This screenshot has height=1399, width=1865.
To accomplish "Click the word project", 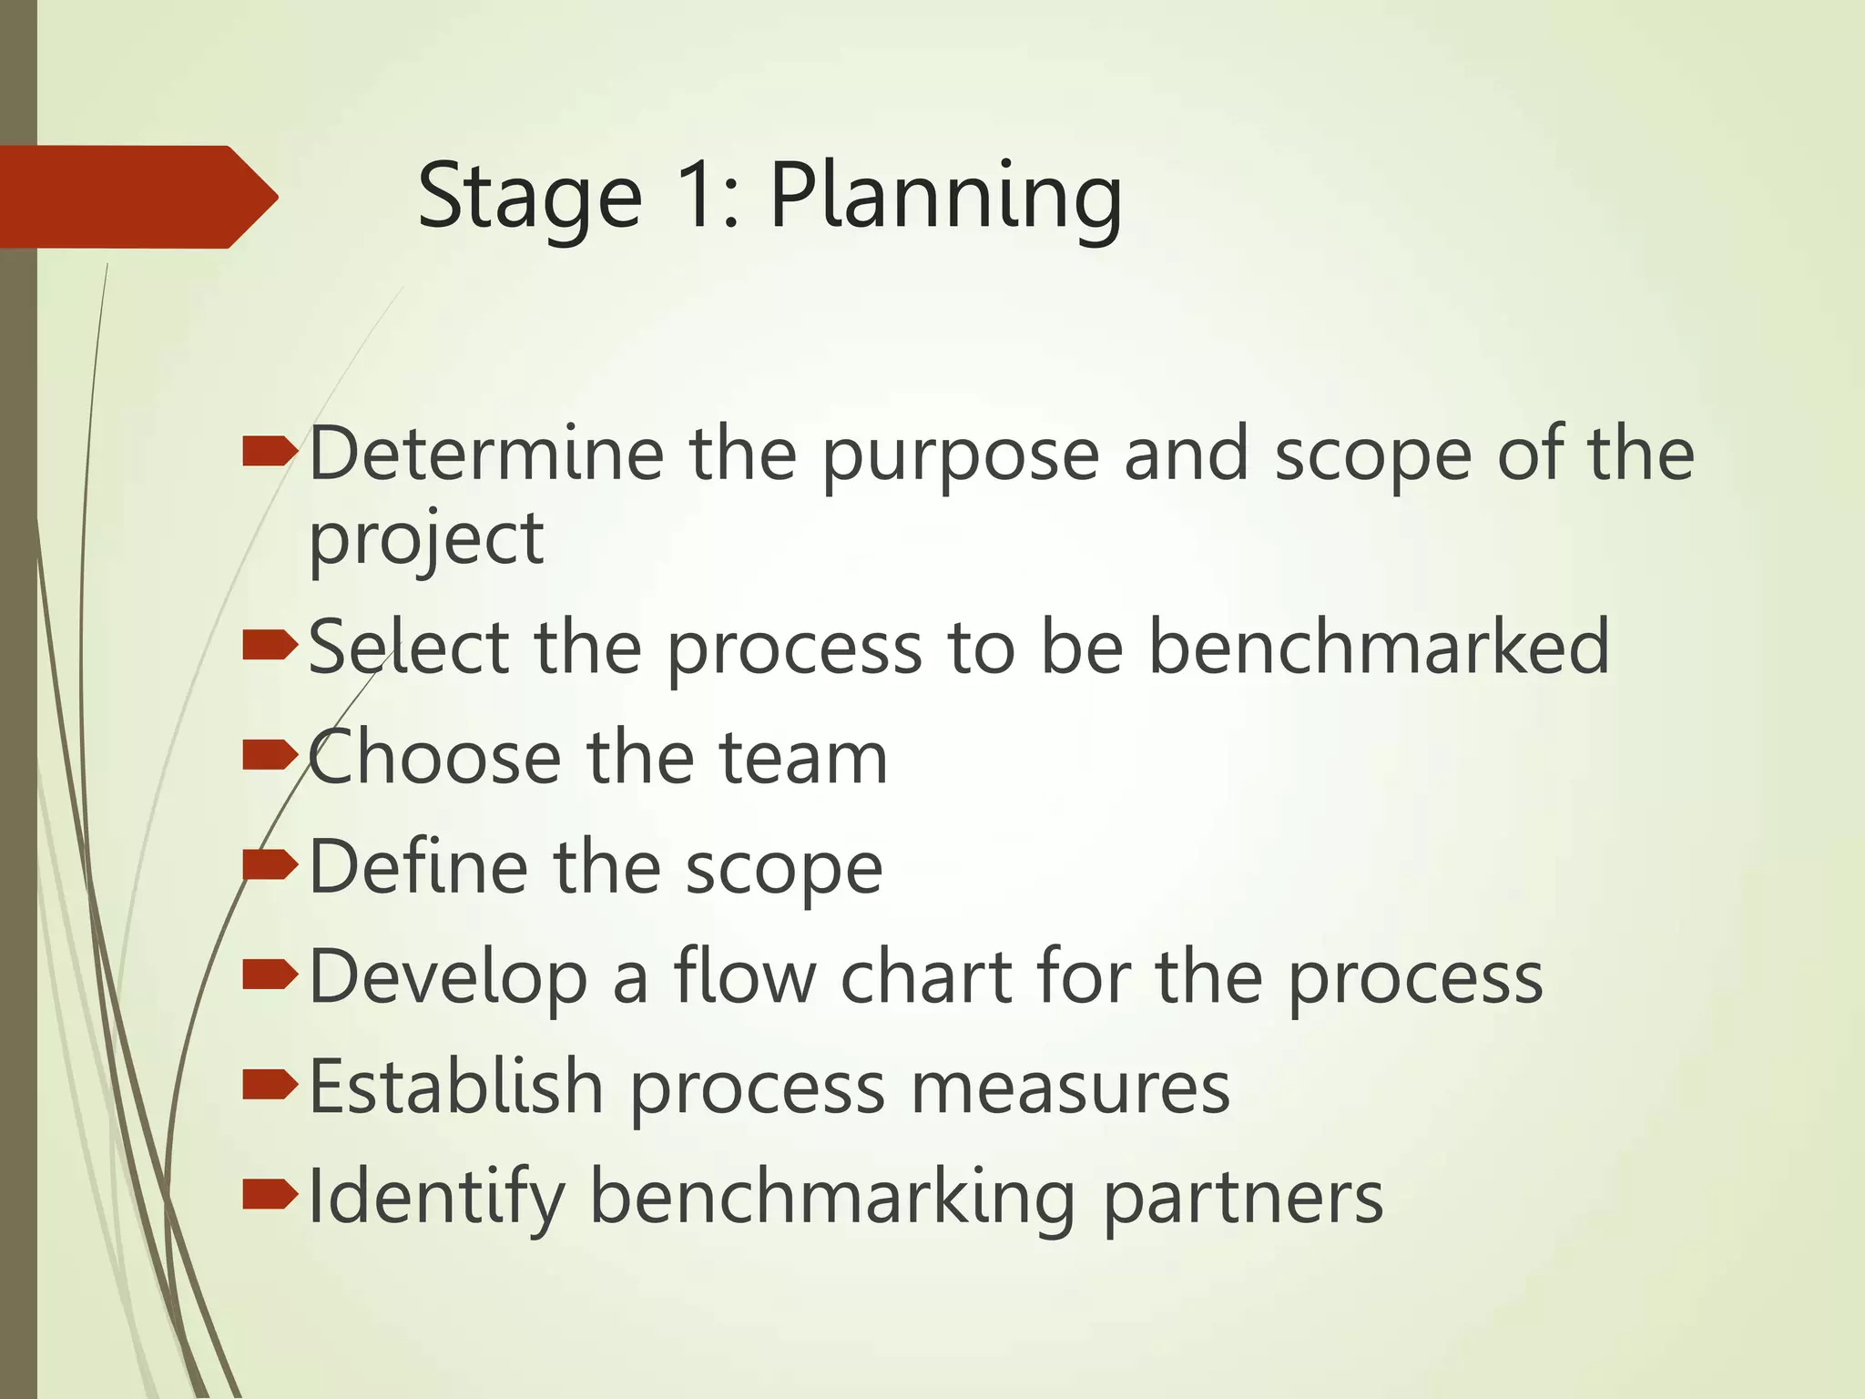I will (426, 540).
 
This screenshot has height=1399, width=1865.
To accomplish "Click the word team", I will (803, 758).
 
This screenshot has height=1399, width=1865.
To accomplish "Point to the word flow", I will (745, 975).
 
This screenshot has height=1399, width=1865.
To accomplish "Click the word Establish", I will (456, 1086).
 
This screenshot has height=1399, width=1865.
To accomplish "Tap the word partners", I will (1243, 1200).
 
